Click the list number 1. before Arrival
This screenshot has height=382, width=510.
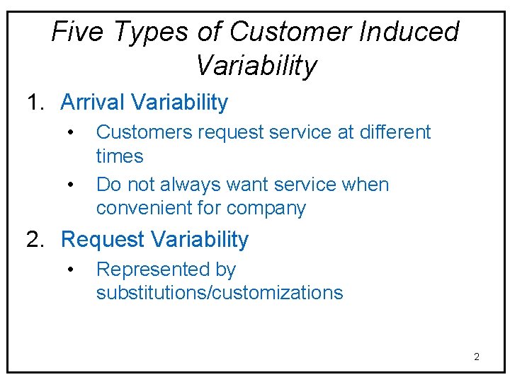pos(36,103)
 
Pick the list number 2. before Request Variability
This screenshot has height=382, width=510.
pos(36,240)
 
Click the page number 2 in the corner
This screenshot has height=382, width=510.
pos(476,357)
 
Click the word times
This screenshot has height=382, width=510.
pos(120,156)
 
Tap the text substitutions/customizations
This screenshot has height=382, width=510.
pos(220,293)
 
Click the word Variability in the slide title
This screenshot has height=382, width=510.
pos(256,66)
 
